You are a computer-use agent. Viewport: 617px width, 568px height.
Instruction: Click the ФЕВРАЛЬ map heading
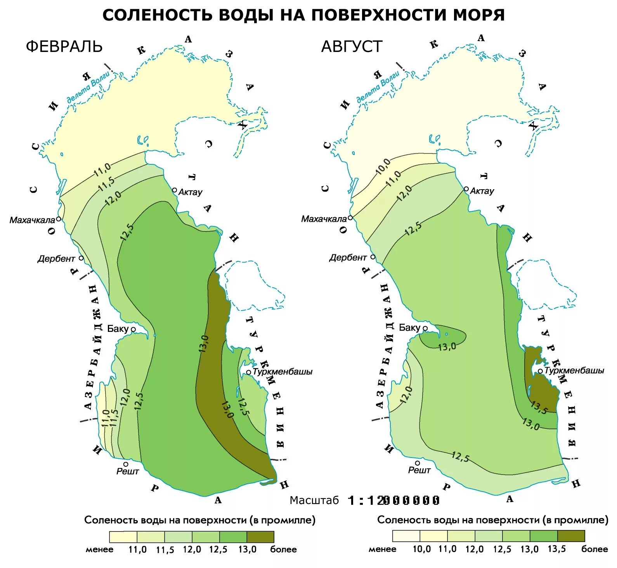tap(64, 47)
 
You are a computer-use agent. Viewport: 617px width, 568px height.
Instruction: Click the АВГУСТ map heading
tap(352, 47)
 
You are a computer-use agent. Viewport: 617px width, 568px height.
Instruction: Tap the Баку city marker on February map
tap(133, 329)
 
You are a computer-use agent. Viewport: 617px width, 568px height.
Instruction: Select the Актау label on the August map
tap(482, 191)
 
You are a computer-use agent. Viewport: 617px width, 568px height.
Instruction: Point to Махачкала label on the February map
tap(32, 220)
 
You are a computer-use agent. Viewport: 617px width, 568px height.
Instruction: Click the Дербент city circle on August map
tap(373, 257)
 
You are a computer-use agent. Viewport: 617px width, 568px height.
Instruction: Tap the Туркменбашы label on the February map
tap(283, 371)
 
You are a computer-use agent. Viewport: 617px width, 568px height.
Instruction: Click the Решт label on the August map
tap(419, 470)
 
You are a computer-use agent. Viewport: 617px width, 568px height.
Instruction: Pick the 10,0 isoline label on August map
tap(383, 167)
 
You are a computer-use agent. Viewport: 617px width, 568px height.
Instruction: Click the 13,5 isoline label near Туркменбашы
tap(539, 407)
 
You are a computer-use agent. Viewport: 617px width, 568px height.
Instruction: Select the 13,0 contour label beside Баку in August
tap(447, 347)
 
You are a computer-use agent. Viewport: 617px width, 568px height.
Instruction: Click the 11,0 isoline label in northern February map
tap(103, 170)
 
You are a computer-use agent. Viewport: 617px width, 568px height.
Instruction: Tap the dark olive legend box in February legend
tap(260, 537)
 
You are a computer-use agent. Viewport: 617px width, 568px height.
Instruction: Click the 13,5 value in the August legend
tap(556, 549)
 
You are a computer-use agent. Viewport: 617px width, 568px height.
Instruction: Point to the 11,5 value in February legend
tap(165, 550)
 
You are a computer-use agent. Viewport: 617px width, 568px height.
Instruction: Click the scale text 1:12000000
tap(393, 501)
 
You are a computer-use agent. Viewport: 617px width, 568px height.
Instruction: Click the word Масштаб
tap(314, 501)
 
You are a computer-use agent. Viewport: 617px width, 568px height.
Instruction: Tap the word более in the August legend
tap(594, 549)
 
